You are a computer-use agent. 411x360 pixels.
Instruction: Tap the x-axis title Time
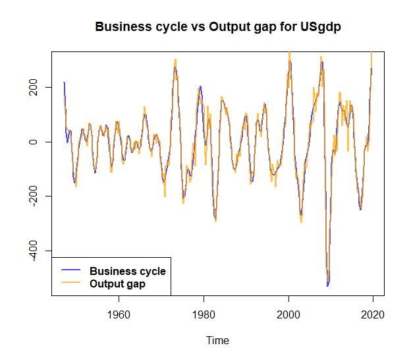point(217,341)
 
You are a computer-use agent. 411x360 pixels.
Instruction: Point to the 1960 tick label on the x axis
point(119,315)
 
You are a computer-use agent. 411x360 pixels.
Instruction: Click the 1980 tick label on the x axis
point(204,315)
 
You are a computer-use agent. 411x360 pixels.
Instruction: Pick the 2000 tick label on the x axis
point(288,315)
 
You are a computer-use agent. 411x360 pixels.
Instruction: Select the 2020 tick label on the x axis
point(373,315)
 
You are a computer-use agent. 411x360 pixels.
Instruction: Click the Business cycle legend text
point(128,271)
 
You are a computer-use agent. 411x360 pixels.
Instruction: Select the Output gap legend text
point(117,284)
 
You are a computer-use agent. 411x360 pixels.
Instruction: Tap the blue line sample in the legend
point(70,271)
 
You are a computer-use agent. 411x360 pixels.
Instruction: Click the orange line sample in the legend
point(70,284)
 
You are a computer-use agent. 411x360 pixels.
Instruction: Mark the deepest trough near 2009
point(327,285)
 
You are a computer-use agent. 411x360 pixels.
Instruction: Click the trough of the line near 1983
point(215,221)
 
